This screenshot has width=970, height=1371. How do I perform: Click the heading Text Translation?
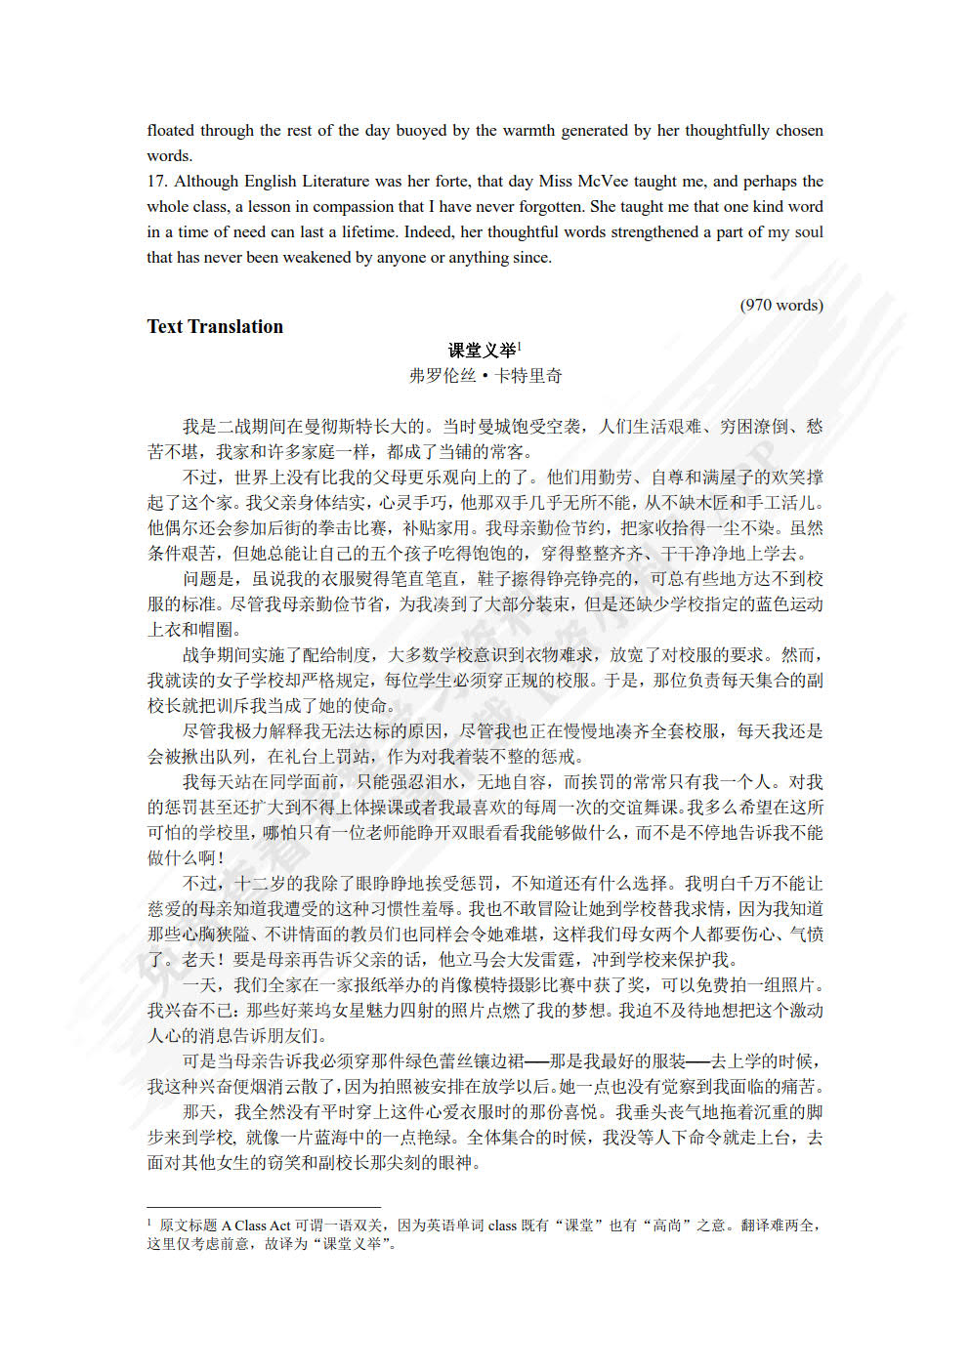215,327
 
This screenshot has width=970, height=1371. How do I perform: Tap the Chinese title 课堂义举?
482,351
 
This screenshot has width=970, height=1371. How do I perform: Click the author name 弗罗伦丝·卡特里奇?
485,376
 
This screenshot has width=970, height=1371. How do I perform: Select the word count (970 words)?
781,305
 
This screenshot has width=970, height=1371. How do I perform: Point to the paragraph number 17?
157,182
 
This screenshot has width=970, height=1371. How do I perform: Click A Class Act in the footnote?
256,1226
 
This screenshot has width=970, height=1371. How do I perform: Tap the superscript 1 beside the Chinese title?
520,345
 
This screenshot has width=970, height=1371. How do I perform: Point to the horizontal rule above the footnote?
264,1207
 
